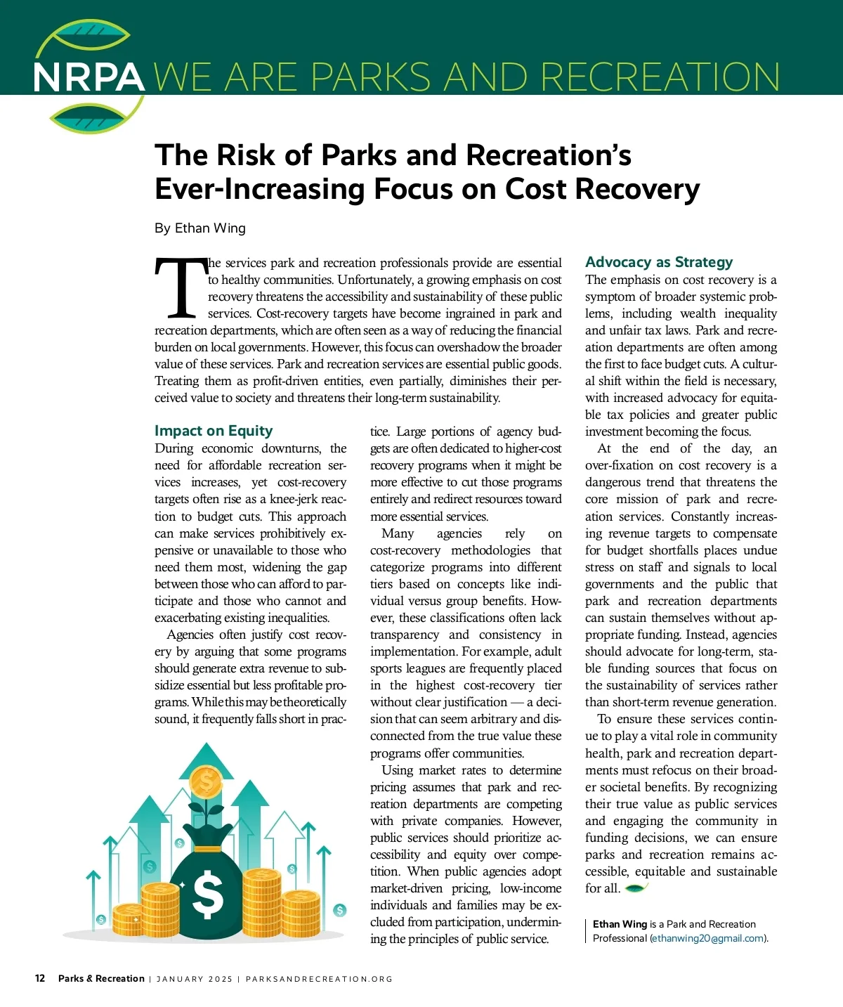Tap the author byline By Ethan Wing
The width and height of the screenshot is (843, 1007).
tap(200, 228)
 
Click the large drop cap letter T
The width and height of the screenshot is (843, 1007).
tap(181, 289)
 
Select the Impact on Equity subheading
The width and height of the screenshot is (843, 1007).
tap(214, 431)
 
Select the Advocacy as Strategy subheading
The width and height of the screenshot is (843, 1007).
tap(659, 262)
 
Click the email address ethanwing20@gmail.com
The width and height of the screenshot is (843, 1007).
tap(708, 938)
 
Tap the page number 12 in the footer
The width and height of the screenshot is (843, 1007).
tap(40, 978)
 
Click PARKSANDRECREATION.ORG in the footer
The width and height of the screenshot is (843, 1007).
tap(319, 979)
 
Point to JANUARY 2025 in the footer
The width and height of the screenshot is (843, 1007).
tap(194, 979)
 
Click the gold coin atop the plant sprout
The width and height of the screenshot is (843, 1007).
tap(207, 779)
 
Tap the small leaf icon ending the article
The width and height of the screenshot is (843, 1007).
tap(636, 888)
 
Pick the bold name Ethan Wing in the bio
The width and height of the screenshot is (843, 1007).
tap(620, 924)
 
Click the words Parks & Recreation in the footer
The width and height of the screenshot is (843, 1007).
tap(101, 978)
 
